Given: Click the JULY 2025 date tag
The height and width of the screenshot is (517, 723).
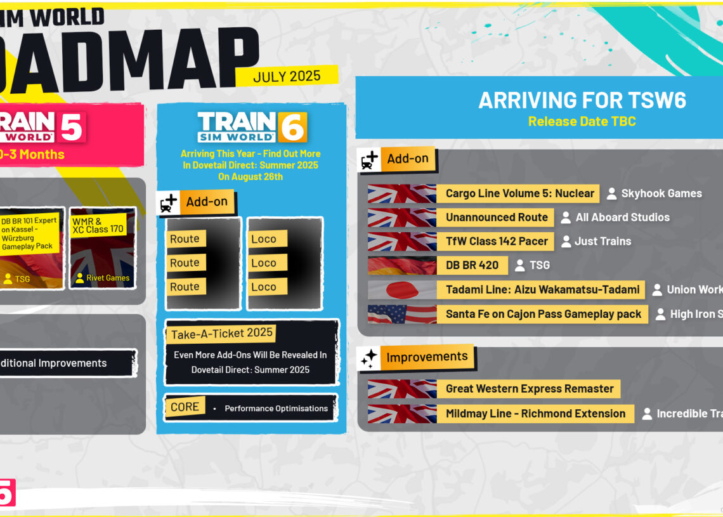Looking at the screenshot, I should click(287, 77).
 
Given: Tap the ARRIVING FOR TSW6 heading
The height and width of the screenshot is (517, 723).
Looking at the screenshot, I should click(582, 100).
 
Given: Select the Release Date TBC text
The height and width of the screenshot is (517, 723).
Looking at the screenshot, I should click(582, 121).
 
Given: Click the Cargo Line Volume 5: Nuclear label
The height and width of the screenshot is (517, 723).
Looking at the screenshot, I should click(519, 193).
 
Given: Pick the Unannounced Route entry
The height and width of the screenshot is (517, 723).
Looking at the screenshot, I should click(496, 217).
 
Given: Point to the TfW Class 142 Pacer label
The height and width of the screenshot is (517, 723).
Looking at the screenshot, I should click(496, 241).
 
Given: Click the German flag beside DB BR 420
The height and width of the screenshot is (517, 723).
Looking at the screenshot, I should click(401, 265).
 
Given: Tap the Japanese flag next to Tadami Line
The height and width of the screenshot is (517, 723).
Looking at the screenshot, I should click(401, 290).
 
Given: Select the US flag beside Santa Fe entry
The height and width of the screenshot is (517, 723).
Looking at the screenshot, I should click(401, 314).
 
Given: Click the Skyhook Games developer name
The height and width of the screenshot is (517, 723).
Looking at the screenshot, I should click(661, 193).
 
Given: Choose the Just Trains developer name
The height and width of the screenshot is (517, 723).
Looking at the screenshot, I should click(602, 241).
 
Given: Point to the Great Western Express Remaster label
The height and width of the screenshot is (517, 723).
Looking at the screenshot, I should click(529, 389).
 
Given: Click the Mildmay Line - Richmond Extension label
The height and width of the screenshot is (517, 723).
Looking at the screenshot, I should click(535, 414).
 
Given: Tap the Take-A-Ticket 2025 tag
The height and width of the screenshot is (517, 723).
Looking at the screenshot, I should click(221, 333).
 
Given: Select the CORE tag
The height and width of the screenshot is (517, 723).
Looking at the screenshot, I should click(185, 407).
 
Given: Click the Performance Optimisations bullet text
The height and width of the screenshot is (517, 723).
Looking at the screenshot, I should click(276, 409).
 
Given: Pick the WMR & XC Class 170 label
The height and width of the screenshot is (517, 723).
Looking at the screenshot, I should click(98, 225).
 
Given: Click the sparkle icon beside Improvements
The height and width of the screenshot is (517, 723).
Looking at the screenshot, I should click(368, 358).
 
